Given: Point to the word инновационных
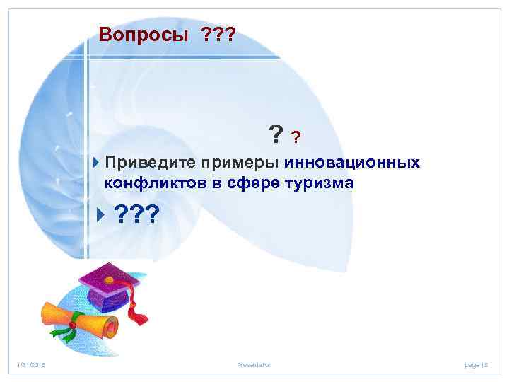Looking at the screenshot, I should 352,163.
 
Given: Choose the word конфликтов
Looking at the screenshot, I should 148,183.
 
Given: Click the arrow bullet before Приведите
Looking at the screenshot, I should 97,163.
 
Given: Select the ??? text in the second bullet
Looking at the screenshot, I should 137,214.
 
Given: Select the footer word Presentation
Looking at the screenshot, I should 255,364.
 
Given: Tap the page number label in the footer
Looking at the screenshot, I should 476,364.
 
